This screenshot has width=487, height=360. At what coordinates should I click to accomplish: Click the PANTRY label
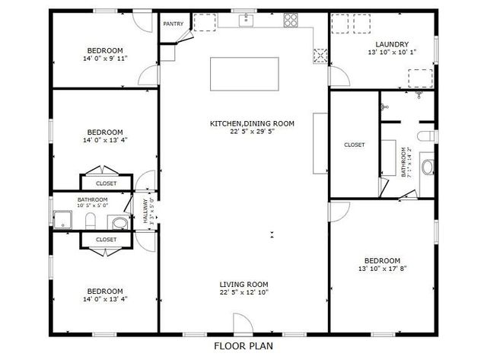173,24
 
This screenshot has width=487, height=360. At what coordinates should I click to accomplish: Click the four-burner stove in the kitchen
291,21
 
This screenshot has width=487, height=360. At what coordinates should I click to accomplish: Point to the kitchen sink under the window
246,21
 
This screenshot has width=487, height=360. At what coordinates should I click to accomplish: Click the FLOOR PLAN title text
243,346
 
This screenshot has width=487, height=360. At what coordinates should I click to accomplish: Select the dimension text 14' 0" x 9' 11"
105,58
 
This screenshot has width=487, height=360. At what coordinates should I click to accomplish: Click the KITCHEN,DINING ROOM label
252,123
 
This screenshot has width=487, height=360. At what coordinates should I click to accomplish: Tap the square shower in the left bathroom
63,220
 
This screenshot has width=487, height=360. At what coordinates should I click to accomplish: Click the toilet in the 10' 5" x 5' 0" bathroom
91,221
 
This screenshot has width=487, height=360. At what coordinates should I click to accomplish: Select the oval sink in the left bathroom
119,222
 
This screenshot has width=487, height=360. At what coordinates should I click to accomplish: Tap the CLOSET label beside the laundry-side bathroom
355,145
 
